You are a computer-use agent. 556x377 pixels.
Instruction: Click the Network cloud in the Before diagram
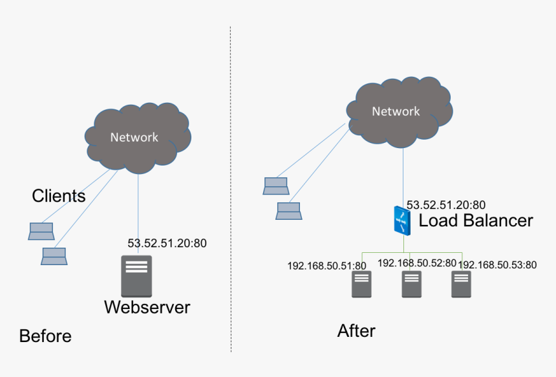click(137, 137)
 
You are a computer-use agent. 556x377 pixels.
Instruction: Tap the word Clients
click(59, 195)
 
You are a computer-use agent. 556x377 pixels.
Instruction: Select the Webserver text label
click(147, 307)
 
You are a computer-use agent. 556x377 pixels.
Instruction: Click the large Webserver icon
click(136, 276)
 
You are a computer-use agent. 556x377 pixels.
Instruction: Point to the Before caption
click(45, 336)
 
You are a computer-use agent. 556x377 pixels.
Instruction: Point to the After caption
click(356, 330)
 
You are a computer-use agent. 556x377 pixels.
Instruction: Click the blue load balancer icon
click(402, 221)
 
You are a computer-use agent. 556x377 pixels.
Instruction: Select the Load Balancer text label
click(476, 221)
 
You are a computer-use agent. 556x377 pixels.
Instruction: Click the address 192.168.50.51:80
click(326, 265)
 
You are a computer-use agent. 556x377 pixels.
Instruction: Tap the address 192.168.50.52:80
click(416, 263)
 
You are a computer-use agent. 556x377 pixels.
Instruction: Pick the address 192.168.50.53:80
click(498, 264)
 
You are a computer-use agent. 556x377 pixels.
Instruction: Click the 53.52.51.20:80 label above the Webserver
click(167, 244)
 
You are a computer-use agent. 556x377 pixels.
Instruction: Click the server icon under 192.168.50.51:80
click(361, 284)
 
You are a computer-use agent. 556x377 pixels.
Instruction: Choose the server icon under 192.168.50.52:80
click(412, 284)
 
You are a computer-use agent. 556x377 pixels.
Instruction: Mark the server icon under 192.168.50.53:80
click(461, 284)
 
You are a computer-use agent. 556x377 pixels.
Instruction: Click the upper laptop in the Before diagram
click(41, 230)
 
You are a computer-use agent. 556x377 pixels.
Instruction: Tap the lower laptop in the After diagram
click(288, 211)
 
